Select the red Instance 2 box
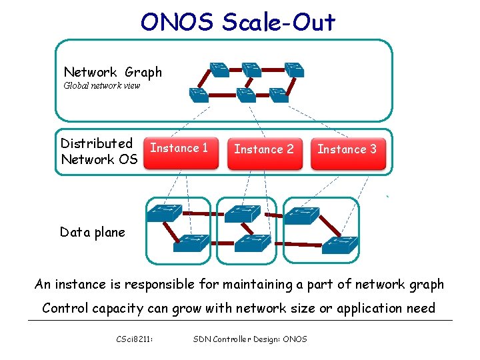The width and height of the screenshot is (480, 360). tap(263, 151)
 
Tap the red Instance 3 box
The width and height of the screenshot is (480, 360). tap(347, 151)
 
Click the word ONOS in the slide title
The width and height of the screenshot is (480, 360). tap(178, 23)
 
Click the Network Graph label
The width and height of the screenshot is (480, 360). tap(112, 72)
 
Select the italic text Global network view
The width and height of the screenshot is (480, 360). tap(101, 86)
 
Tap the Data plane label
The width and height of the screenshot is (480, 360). tap(92, 232)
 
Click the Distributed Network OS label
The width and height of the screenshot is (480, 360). tap(99, 151)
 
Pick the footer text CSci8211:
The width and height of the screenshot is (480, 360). tap(134, 339)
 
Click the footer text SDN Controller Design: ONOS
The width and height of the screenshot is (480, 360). tap(250, 339)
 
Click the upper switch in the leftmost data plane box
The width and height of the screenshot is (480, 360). tap(164, 213)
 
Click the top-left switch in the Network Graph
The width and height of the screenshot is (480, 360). tap(218, 68)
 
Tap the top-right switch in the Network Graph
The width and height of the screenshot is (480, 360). tap(293, 68)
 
